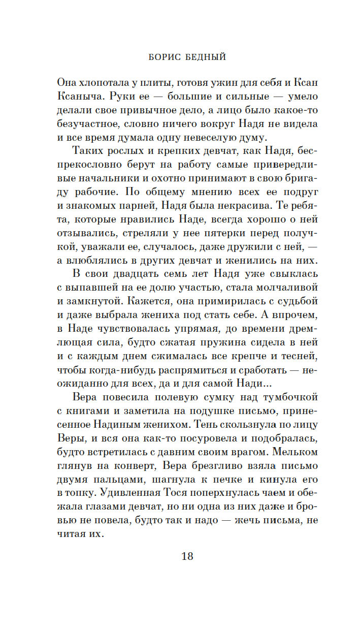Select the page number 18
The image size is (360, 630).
187,556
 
